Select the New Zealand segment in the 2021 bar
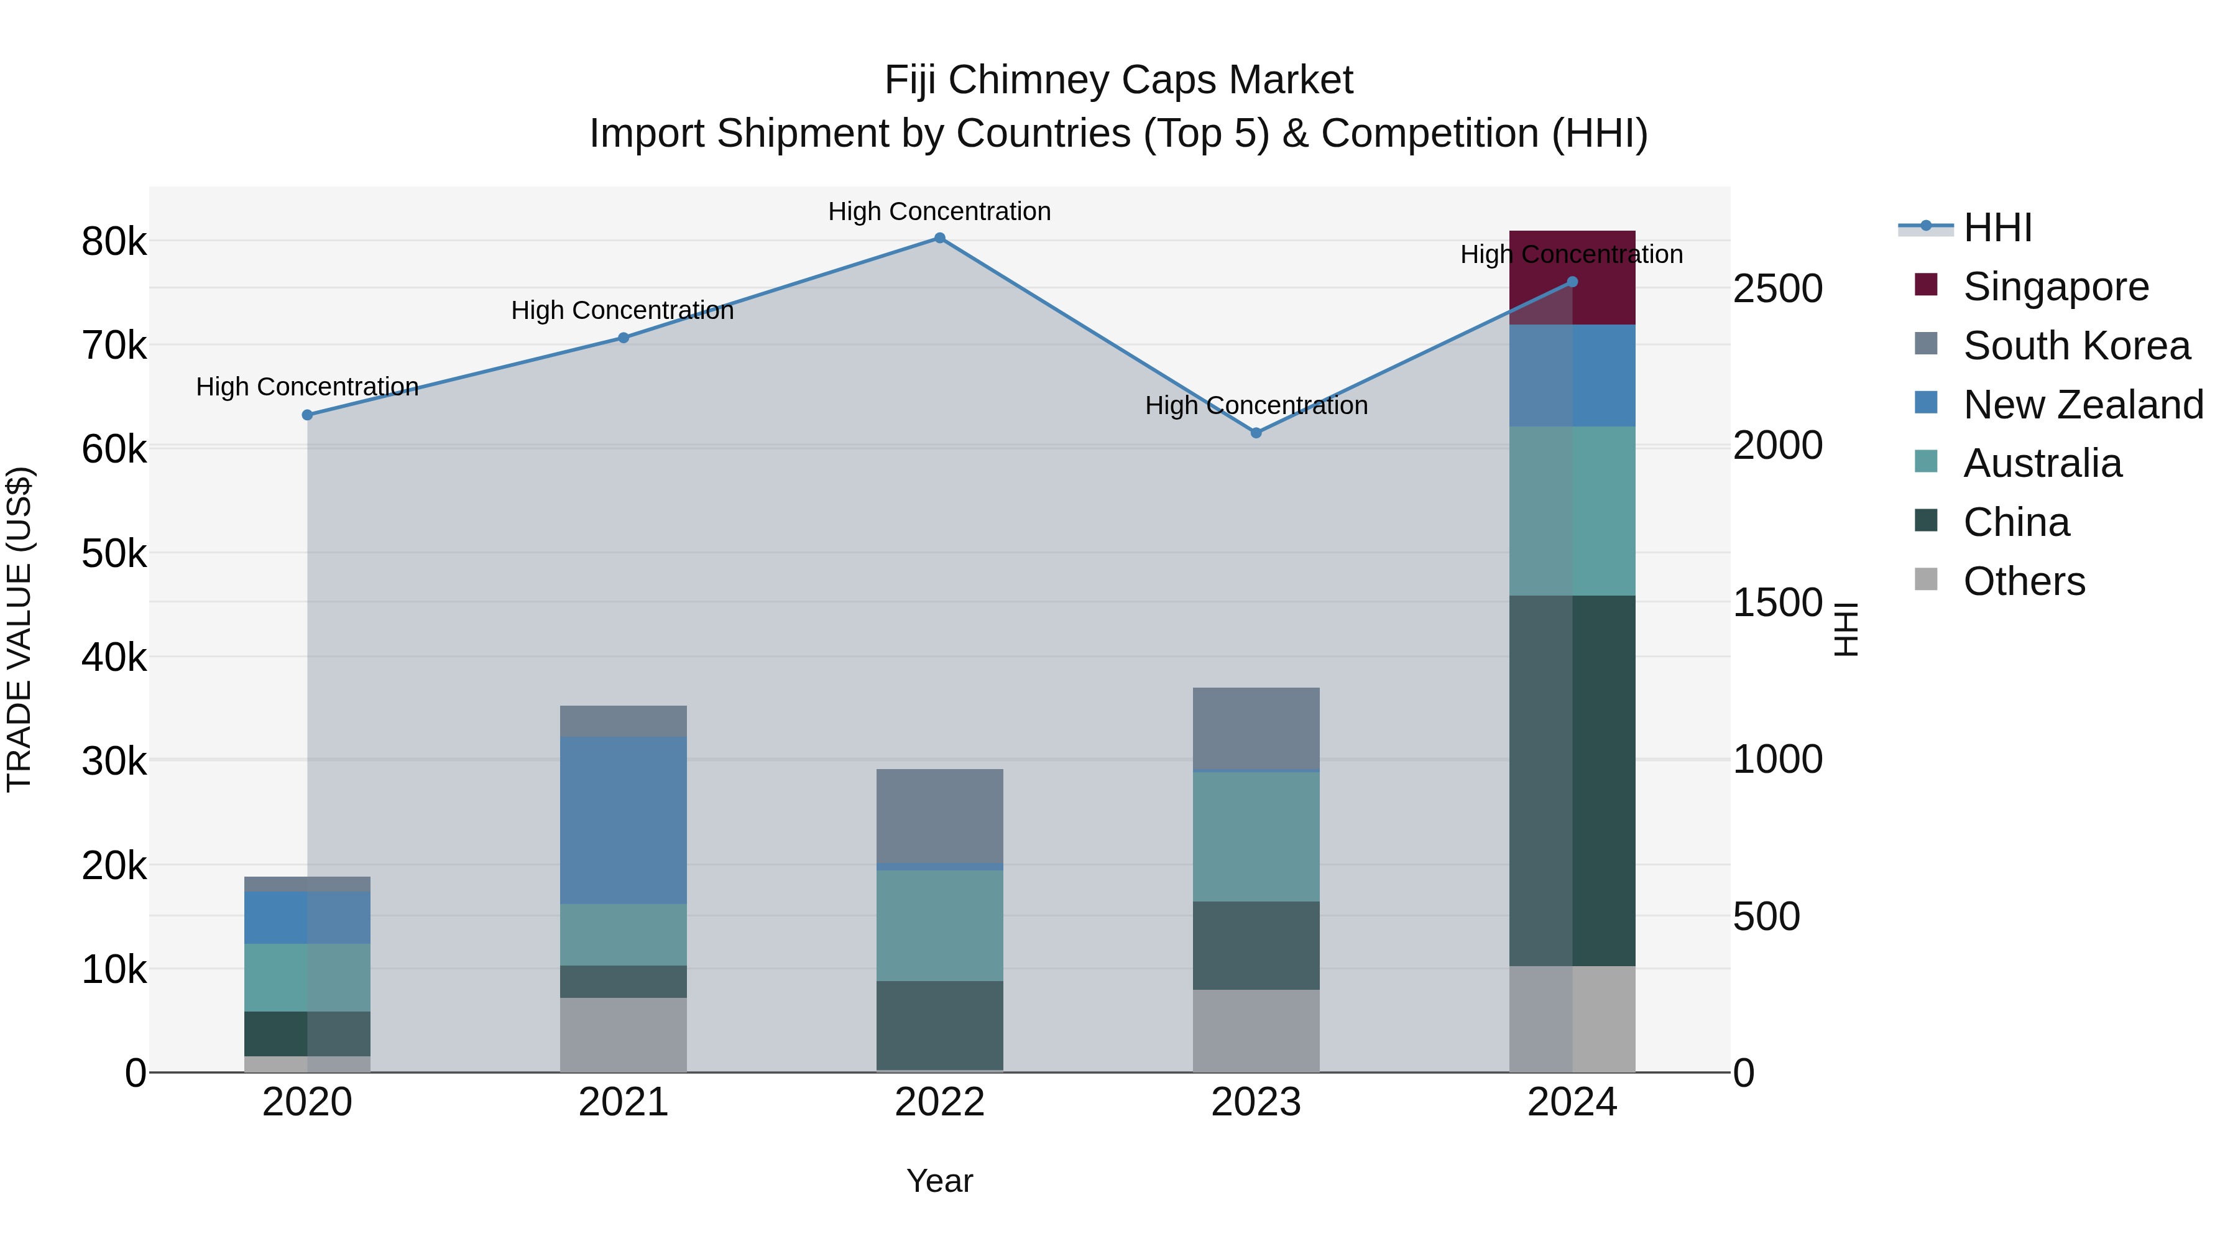coord(623,820)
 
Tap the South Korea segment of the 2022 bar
coord(939,816)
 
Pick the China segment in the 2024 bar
coord(1573,780)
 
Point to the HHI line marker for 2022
coord(939,238)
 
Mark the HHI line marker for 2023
coord(1255,433)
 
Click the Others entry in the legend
coord(2024,581)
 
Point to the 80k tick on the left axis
coord(114,242)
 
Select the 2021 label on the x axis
coord(623,1102)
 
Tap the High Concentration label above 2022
coord(939,211)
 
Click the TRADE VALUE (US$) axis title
coord(19,629)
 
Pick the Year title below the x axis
coord(939,1181)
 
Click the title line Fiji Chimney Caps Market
coord(1118,80)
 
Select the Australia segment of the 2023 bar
coord(1255,837)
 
